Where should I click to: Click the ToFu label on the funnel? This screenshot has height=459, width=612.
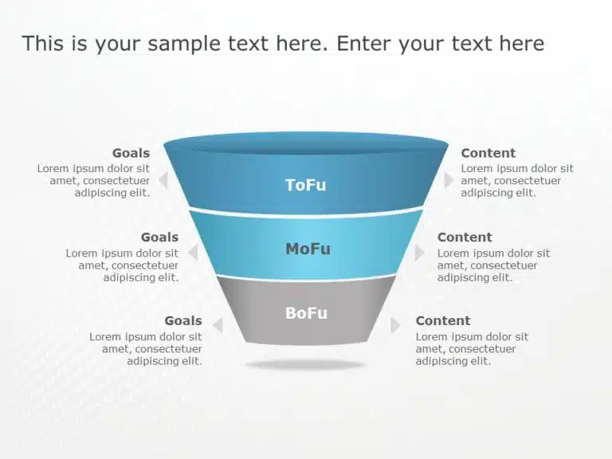pyautogui.click(x=306, y=185)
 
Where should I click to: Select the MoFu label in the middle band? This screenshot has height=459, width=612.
pyautogui.click(x=308, y=249)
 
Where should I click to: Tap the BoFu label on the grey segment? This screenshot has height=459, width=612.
pyautogui.click(x=306, y=313)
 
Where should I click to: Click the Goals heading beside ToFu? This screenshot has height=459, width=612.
pyautogui.click(x=131, y=153)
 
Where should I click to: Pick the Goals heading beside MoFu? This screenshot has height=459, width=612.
pyautogui.click(x=159, y=237)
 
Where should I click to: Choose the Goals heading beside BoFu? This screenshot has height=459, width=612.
pyautogui.click(x=183, y=321)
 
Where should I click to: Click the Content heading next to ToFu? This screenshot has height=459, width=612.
pyautogui.click(x=488, y=153)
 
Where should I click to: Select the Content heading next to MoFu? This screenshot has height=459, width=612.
pyautogui.click(x=465, y=237)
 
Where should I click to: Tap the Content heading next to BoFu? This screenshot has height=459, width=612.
pyautogui.click(x=443, y=321)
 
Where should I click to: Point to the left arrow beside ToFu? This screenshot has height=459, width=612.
pyautogui.click(x=164, y=180)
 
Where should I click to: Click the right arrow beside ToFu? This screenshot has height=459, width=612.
pyautogui.click(x=449, y=180)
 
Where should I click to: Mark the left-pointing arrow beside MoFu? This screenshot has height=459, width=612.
pyautogui.click(x=193, y=252)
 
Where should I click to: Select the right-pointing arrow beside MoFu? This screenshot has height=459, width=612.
pyautogui.click(x=419, y=253)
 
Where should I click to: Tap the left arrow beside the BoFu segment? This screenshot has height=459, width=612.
pyautogui.click(x=218, y=325)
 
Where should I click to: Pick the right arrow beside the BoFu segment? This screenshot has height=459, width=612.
pyautogui.click(x=395, y=325)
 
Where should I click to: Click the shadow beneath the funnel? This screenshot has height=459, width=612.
pyautogui.click(x=305, y=365)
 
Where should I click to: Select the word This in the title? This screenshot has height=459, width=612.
pyautogui.click(x=43, y=43)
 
